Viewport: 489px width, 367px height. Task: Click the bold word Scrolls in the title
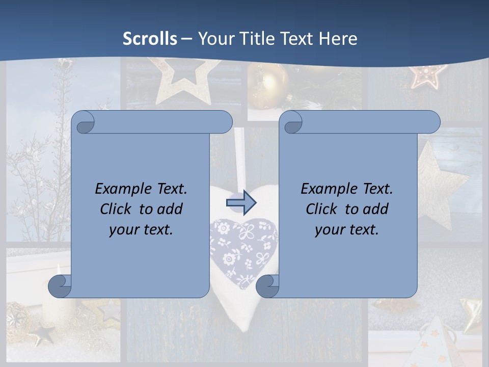coord(150,39)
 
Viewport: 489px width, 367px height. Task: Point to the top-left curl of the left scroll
coord(85,122)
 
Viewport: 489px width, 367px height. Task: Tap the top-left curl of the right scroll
coord(292,122)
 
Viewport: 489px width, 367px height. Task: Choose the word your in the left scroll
coord(123,229)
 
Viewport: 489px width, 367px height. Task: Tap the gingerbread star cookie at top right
coord(427,75)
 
